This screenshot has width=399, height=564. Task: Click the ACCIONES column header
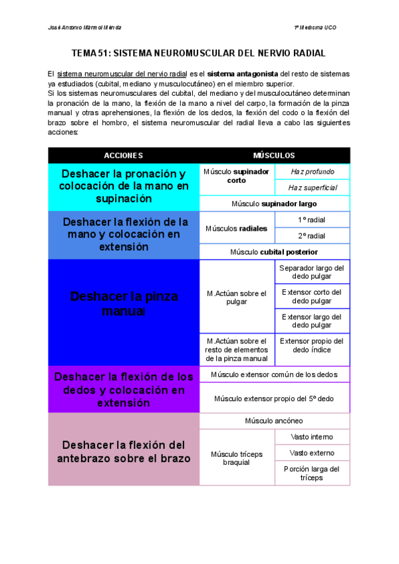coord(123,155)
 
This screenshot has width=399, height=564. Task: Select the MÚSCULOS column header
coord(274,155)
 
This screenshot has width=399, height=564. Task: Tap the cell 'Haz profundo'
coord(312,172)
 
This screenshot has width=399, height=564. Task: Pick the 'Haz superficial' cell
coord(312,188)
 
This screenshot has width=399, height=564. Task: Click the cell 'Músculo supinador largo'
coord(274,204)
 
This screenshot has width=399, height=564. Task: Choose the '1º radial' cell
coord(312,219)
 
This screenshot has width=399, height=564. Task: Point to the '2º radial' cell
coord(312,235)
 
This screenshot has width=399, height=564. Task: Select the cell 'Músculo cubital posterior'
coord(274,252)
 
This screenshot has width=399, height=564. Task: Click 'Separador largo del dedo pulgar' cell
coord(312,273)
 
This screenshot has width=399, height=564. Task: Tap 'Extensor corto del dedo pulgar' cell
coord(312,297)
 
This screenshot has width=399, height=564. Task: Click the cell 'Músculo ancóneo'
coord(274,421)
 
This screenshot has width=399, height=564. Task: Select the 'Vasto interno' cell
coord(312,437)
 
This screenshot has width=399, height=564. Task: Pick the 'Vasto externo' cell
coord(312,453)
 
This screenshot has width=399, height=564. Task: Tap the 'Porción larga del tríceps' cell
coord(312,473)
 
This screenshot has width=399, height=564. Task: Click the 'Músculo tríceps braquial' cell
coord(237,458)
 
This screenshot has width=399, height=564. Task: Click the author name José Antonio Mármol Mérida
coord(85,27)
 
